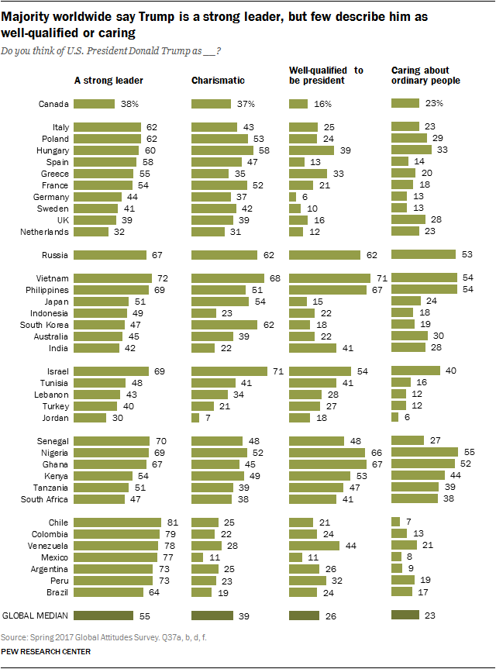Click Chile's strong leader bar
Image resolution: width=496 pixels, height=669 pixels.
[x=117, y=522]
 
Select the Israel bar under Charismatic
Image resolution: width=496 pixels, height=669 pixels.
[x=229, y=371]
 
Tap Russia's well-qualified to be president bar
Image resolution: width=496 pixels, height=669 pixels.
[x=325, y=254]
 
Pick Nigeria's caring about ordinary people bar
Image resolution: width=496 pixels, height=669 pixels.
[x=425, y=451]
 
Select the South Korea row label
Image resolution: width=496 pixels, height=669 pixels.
[x=47, y=324]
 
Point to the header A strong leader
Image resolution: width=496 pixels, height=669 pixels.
[x=108, y=80]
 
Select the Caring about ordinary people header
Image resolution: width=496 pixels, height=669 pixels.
[x=425, y=75]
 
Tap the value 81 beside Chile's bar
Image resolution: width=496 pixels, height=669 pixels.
[x=170, y=522]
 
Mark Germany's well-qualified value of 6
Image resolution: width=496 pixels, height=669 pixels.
[x=306, y=197]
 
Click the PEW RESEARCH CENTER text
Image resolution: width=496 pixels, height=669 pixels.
[x=46, y=652]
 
